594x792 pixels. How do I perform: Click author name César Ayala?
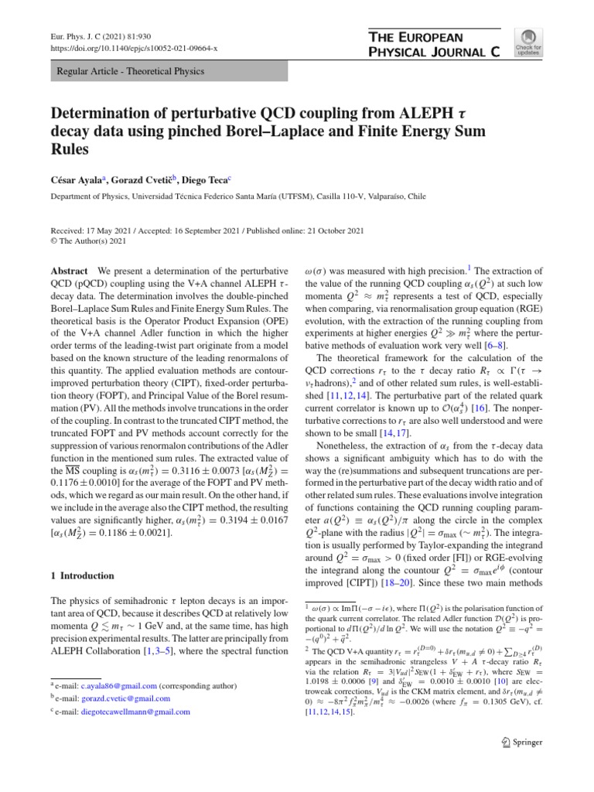coord(79,179)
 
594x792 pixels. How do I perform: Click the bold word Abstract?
coord(68,271)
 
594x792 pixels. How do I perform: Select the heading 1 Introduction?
coord(82,575)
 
